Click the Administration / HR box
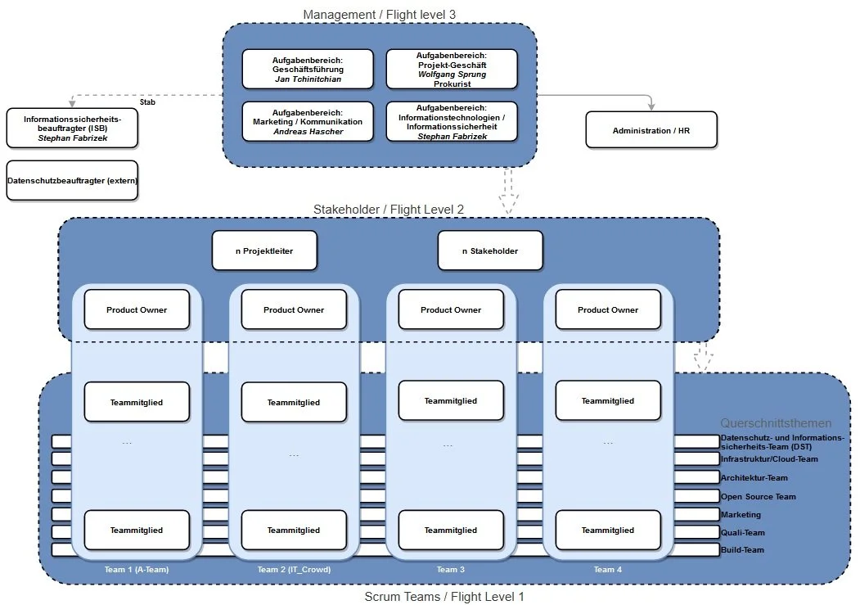click(x=651, y=130)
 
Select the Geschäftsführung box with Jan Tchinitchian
click(x=308, y=69)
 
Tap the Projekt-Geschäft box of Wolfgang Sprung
click(x=452, y=69)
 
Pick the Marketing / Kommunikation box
click(x=308, y=121)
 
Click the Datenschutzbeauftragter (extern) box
click(x=72, y=180)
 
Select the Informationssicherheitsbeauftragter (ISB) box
click(x=72, y=129)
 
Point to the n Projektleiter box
click(x=263, y=251)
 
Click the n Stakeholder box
click(x=489, y=251)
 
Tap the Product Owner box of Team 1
click(x=137, y=309)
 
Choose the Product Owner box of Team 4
click(x=608, y=309)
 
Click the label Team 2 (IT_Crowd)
click(x=294, y=570)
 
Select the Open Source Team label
click(x=758, y=497)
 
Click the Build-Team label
click(x=742, y=550)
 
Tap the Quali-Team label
click(x=742, y=532)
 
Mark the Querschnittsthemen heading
click(x=776, y=423)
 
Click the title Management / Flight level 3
click(x=379, y=15)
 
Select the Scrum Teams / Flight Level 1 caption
click(x=444, y=597)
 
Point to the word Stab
click(x=147, y=102)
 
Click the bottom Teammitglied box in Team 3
click(x=451, y=530)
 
